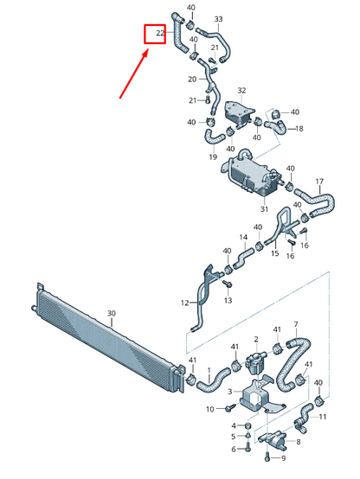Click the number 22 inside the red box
(x=160, y=34)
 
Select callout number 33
(x=218, y=19)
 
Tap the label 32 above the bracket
(x=241, y=90)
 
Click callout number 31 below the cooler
(x=263, y=209)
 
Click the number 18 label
(x=299, y=129)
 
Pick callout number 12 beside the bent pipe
(x=184, y=303)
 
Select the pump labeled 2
(x=257, y=354)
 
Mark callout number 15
(x=274, y=253)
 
